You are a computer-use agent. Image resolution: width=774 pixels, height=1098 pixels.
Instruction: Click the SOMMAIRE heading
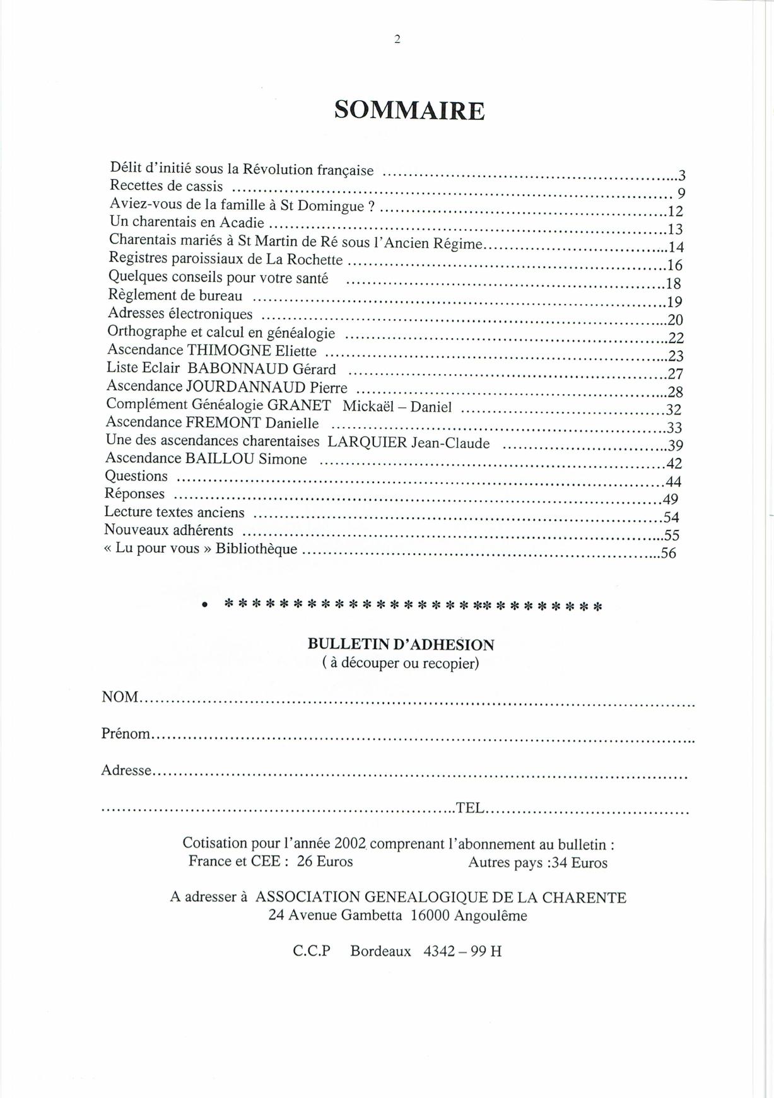point(409,110)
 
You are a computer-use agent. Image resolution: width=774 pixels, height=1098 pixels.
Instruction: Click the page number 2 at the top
point(397,39)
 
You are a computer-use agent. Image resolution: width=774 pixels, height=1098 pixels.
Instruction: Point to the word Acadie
point(242,223)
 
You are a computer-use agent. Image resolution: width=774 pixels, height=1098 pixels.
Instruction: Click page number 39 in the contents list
point(676,445)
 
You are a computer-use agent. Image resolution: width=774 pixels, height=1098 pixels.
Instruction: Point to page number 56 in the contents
point(668,554)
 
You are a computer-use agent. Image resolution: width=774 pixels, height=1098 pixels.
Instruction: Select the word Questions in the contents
point(136,476)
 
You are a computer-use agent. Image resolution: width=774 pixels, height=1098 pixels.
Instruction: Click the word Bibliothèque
point(256,548)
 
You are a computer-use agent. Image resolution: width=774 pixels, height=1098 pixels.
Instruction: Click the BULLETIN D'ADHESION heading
point(401,645)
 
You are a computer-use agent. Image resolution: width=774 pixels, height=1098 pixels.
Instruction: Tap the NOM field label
point(120,697)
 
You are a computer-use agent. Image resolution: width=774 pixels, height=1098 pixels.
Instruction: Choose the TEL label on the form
point(470,808)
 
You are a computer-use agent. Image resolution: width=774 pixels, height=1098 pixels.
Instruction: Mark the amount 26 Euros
point(325,861)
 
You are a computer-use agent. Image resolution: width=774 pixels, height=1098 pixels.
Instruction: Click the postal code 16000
point(430,916)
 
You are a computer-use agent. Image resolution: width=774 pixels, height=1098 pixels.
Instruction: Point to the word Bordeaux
point(380,951)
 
